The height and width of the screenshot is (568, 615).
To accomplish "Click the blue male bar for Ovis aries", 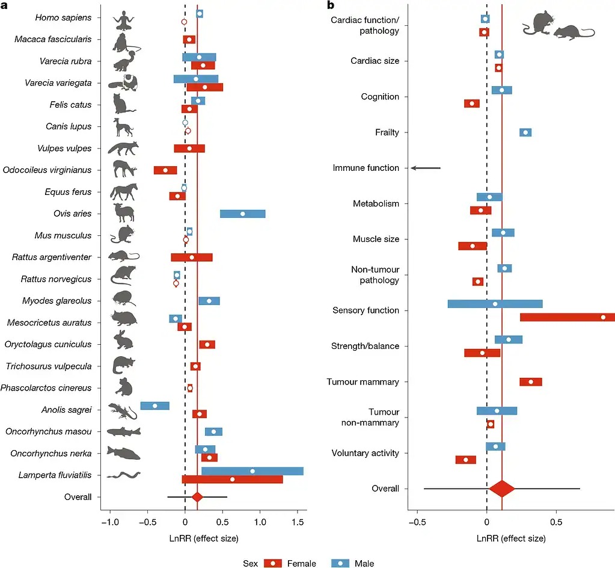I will (x=242, y=214).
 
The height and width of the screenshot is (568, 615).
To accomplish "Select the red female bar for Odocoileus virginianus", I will (x=165, y=170).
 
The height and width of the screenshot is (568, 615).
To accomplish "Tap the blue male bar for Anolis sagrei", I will (x=155, y=406).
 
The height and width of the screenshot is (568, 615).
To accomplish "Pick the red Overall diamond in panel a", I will (x=197, y=497).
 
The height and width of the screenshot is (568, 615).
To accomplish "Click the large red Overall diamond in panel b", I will (x=503, y=489).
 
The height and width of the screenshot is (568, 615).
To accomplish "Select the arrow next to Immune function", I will (x=426, y=168).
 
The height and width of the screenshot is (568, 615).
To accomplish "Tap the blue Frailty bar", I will (x=525, y=132).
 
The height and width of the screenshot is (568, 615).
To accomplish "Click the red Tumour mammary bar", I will (x=531, y=381).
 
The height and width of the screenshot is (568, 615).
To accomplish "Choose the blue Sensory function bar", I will (x=495, y=304).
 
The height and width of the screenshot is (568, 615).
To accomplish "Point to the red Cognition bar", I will (x=472, y=103).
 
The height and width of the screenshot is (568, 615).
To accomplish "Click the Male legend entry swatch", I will (x=341, y=563).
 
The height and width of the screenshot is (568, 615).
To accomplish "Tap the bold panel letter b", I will (x=330, y=5).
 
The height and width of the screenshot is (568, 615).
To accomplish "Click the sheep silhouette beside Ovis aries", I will (x=123, y=213).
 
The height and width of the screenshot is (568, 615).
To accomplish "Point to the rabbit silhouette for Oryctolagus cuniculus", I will (x=124, y=340).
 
